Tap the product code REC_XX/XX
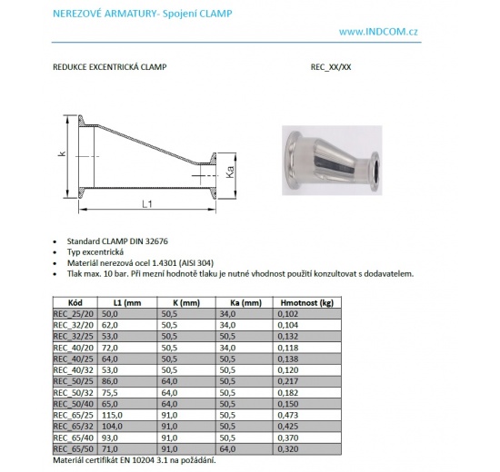click(x=331, y=66)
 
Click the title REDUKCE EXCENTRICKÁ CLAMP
click(x=111, y=66)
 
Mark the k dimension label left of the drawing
click(x=62, y=153)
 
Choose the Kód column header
click(x=75, y=302)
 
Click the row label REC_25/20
click(x=75, y=313)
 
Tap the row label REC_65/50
click(x=75, y=448)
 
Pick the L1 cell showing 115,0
click(x=125, y=415)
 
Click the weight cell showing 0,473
click(x=288, y=415)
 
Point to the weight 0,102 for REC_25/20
click(x=288, y=313)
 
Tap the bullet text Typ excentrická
click(x=98, y=251)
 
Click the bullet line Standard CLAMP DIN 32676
click(x=119, y=241)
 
